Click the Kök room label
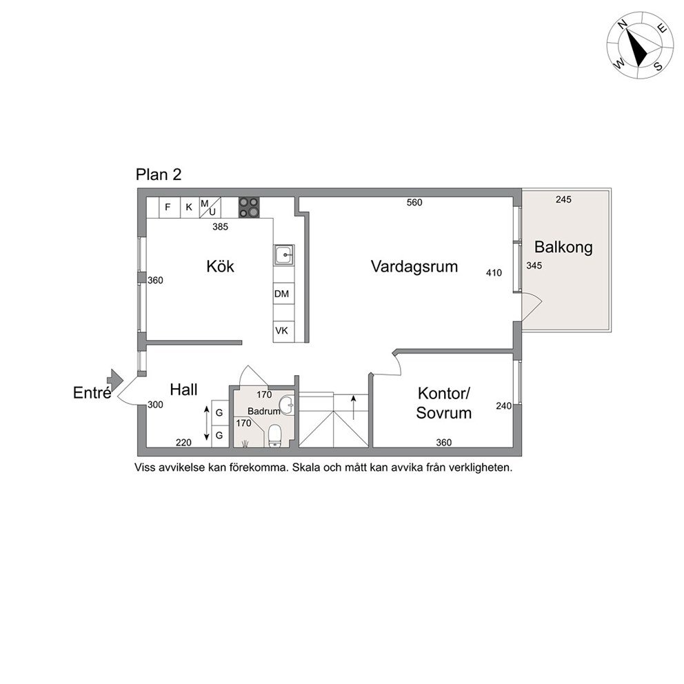tap(220, 266)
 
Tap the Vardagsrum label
tap(414, 266)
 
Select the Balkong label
tap(563, 248)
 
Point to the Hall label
tap(183, 390)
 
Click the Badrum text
tap(263, 411)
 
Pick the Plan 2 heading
tap(159, 174)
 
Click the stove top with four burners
tap(249, 208)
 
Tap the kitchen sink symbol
tap(283, 254)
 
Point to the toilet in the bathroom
tap(275, 436)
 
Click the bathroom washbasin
tap(288, 405)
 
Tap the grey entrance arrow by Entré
tap(114, 380)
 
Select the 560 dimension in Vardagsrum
tap(414, 203)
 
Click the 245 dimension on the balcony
tap(563, 199)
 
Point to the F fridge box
tap(168, 208)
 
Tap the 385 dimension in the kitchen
tap(220, 227)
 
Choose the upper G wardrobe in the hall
tap(219, 412)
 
